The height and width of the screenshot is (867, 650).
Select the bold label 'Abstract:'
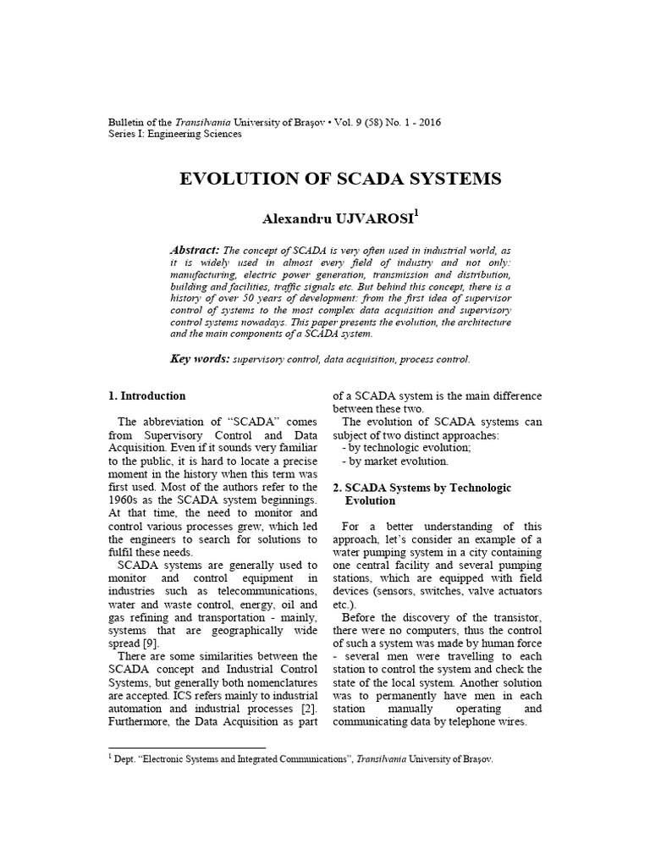(195, 250)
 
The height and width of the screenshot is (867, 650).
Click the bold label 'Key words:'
(200, 359)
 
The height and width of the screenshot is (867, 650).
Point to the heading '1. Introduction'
(147, 395)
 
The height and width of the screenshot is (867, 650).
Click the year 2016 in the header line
(427, 122)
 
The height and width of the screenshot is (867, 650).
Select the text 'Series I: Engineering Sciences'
(175, 134)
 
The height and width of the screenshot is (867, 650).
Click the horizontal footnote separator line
(187, 748)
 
